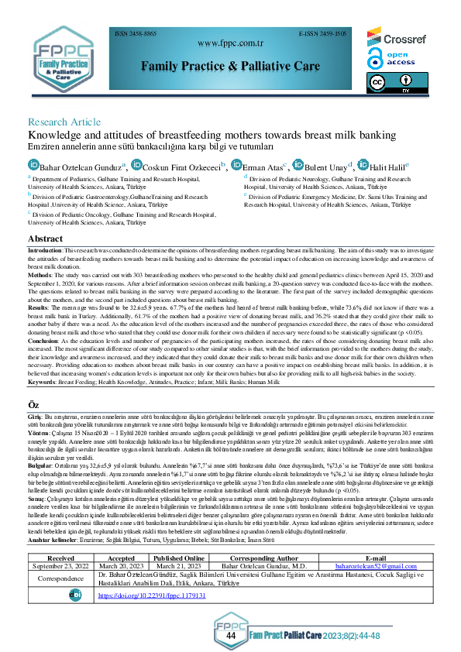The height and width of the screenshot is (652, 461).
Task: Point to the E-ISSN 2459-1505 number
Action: click(x=322, y=34)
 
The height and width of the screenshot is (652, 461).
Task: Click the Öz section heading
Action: click(x=34, y=405)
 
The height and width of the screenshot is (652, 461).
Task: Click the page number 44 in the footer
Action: click(x=231, y=635)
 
